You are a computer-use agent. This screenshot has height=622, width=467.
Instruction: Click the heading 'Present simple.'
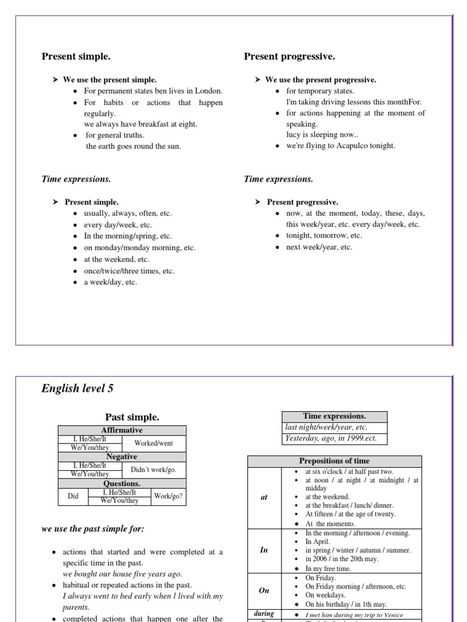pos(76,56)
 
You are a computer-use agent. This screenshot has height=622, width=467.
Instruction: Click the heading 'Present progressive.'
pos(289,56)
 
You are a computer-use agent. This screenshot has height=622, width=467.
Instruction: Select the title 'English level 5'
pos(77,389)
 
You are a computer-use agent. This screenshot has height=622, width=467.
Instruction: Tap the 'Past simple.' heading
pos(132,417)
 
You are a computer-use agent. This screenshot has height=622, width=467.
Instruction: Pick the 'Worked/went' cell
pos(153,443)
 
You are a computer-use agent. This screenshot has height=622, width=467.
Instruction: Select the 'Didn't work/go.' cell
pos(153,470)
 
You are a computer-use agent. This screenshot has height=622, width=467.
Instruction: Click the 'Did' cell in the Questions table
pos(73,496)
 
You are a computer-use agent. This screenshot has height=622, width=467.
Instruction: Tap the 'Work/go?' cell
pos(168,496)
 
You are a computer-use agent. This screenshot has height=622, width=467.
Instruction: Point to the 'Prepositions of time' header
pos(334,461)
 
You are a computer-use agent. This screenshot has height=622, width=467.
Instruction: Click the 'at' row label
pos(264,497)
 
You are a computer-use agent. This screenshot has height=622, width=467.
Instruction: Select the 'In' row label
pos(264,550)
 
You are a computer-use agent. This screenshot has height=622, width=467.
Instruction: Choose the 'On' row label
pos(264,590)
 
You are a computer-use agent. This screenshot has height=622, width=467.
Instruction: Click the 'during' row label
pos(264,614)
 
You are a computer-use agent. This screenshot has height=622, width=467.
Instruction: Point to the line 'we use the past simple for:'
pos(92,529)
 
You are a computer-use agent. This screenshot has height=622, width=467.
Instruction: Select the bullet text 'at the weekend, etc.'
pos(116,259)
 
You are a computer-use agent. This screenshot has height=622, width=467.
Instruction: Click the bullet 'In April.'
pos(318,541)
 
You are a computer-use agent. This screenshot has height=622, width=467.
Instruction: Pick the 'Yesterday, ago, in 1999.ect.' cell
pos(334,439)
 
